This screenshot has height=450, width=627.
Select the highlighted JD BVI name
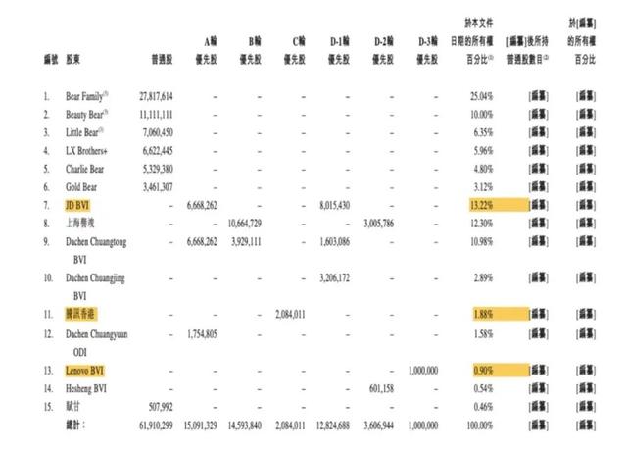click(x=80, y=205)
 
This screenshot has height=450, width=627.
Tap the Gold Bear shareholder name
click(x=81, y=186)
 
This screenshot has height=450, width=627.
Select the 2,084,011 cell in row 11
click(x=289, y=314)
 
